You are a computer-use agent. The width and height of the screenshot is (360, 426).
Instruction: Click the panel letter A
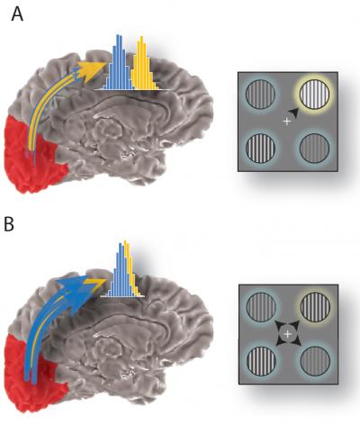16,15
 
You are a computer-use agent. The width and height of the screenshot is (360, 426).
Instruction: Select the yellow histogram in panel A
142,68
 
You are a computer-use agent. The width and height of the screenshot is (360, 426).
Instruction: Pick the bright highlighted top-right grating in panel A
313,95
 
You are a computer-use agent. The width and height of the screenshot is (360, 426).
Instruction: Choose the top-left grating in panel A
260,95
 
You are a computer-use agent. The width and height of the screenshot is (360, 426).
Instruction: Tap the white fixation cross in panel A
286,121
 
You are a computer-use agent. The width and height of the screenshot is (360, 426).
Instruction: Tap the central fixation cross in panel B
286,334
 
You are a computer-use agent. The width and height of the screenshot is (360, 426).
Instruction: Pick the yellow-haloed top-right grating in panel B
312,307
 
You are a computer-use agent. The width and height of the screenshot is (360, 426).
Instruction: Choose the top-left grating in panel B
259,307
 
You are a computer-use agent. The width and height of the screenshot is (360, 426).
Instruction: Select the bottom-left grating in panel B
259,360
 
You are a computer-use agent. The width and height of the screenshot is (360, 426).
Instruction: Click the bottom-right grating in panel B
312,360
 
